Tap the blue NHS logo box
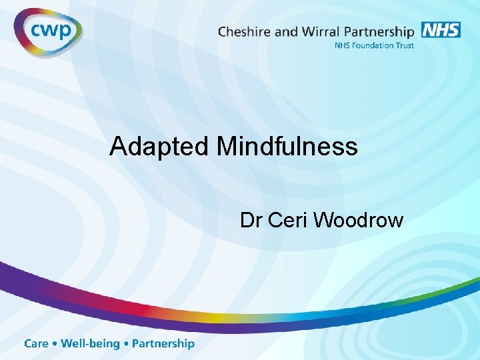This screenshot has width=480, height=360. tap(441, 29)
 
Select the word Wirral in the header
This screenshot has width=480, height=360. tap(319, 31)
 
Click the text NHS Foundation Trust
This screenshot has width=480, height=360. tap(375, 45)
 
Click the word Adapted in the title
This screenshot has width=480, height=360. tap(159, 146)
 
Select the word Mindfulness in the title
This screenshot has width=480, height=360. tap(287, 146)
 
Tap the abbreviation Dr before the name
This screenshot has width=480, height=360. tap(251, 220)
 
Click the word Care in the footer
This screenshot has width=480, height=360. tap(37, 344)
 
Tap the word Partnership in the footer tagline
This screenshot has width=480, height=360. tap(163, 344)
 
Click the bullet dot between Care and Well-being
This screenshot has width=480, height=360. tap(55, 344)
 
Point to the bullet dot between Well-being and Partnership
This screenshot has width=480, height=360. tap(127, 344)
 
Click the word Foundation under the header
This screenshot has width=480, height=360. tap(374, 45)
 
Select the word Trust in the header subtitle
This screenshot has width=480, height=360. tap(405, 45)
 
